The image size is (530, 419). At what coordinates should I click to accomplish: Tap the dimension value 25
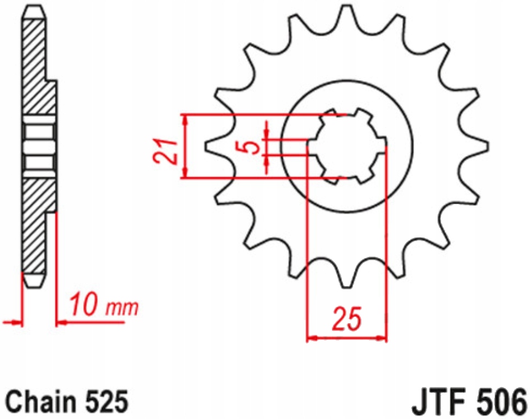coord(346,319)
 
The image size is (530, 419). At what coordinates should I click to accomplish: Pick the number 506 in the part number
coord(500,402)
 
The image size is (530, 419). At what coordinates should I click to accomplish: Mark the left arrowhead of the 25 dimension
coord(310,338)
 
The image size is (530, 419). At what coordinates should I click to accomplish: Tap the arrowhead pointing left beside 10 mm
coord(61,323)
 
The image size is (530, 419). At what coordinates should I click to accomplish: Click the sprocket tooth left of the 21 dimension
coord(213,147)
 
